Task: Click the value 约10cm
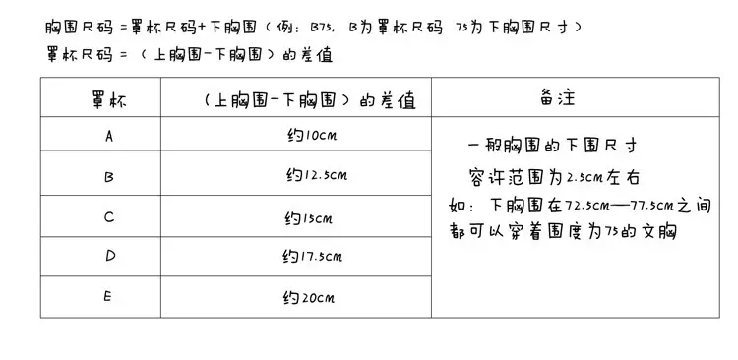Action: coord(312,136)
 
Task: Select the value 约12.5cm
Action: coord(317,175)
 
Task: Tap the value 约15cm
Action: coord(309,218)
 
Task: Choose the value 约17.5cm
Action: coord(313,257)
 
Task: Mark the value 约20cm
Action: coord(309,298)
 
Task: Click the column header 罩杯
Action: coord(108,100)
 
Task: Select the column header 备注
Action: coord(557,97)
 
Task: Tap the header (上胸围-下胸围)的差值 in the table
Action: coord(310,100)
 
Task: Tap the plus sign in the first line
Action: coord(202,28)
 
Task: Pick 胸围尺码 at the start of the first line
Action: coord(80,28)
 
